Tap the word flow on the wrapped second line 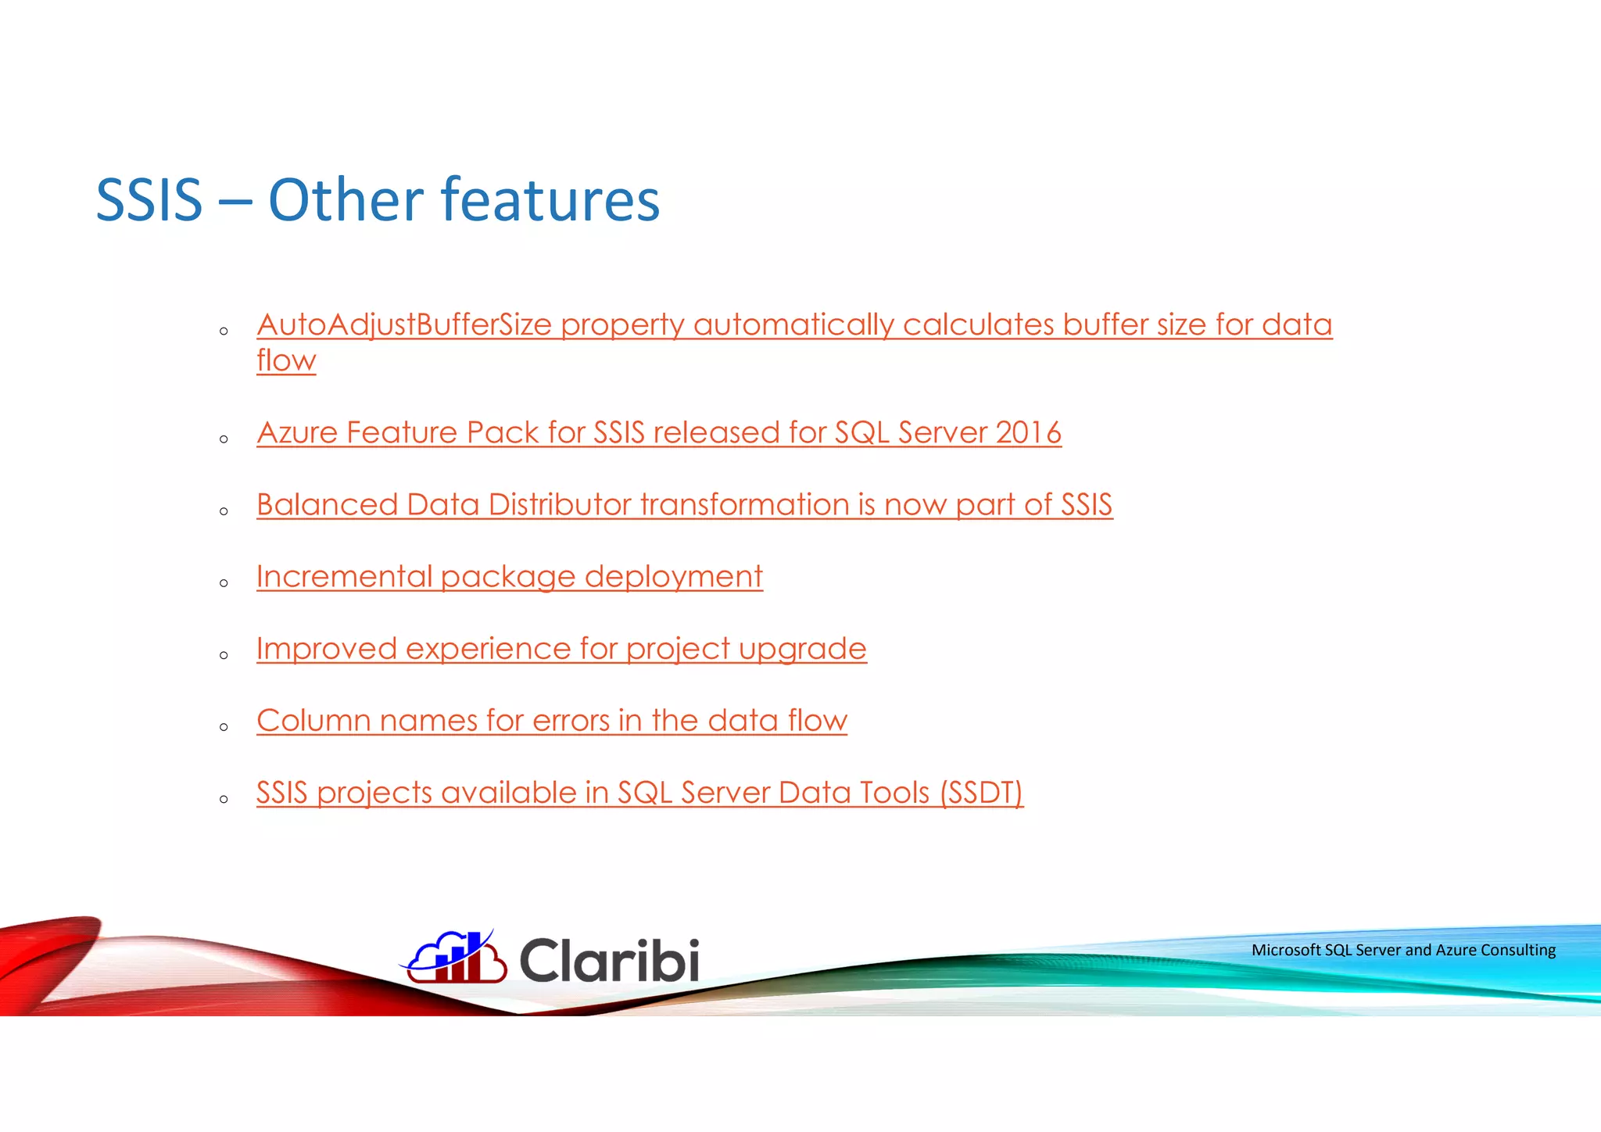pos(286,361)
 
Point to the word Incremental pos(344,577)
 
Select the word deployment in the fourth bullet pos(673,577)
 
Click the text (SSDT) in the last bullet pos(981,793)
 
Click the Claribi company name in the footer pos(609,960)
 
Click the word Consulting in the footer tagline pos(1518,950)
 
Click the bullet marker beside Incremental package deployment pos(224,583)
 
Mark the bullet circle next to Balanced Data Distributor pos(224,511)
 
